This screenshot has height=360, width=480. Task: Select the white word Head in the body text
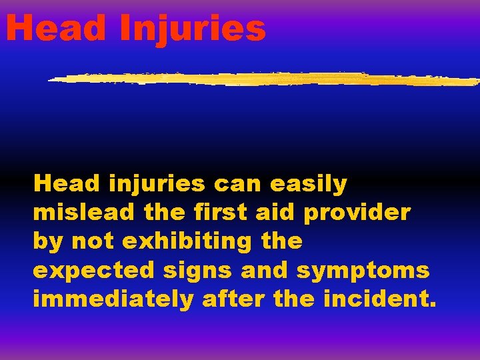click(x=67, y=183)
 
